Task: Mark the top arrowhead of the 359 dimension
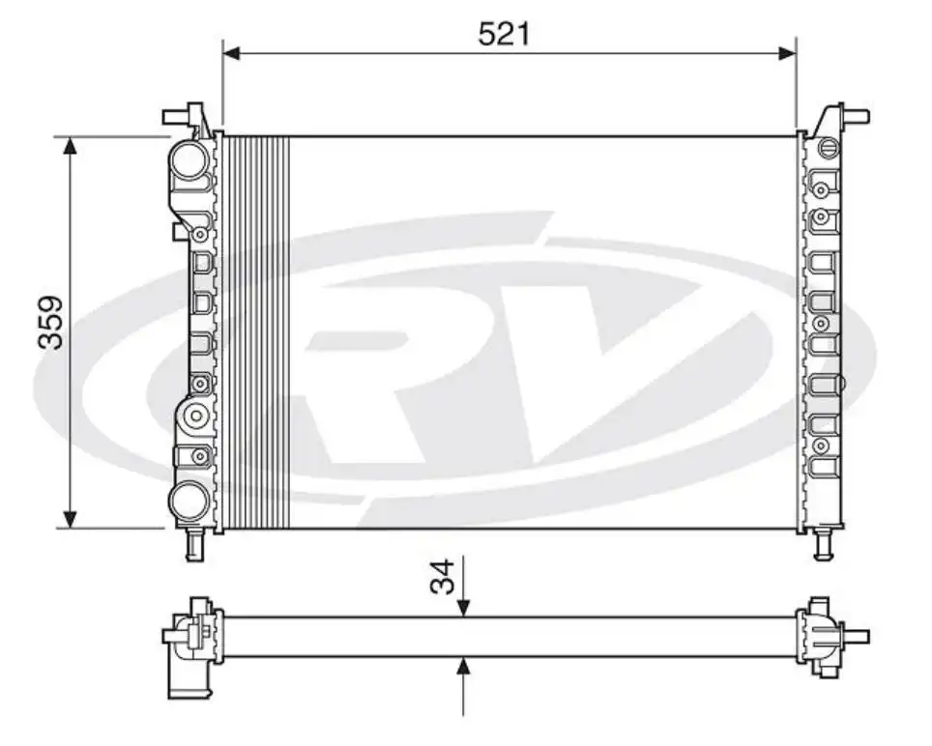[x=69, y=146]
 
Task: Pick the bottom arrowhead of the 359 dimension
[x=69, y=519]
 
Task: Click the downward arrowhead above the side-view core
[x=464, y=607]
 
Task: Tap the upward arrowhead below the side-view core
[x=464, y=666]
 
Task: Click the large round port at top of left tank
[x=189, y=158]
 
